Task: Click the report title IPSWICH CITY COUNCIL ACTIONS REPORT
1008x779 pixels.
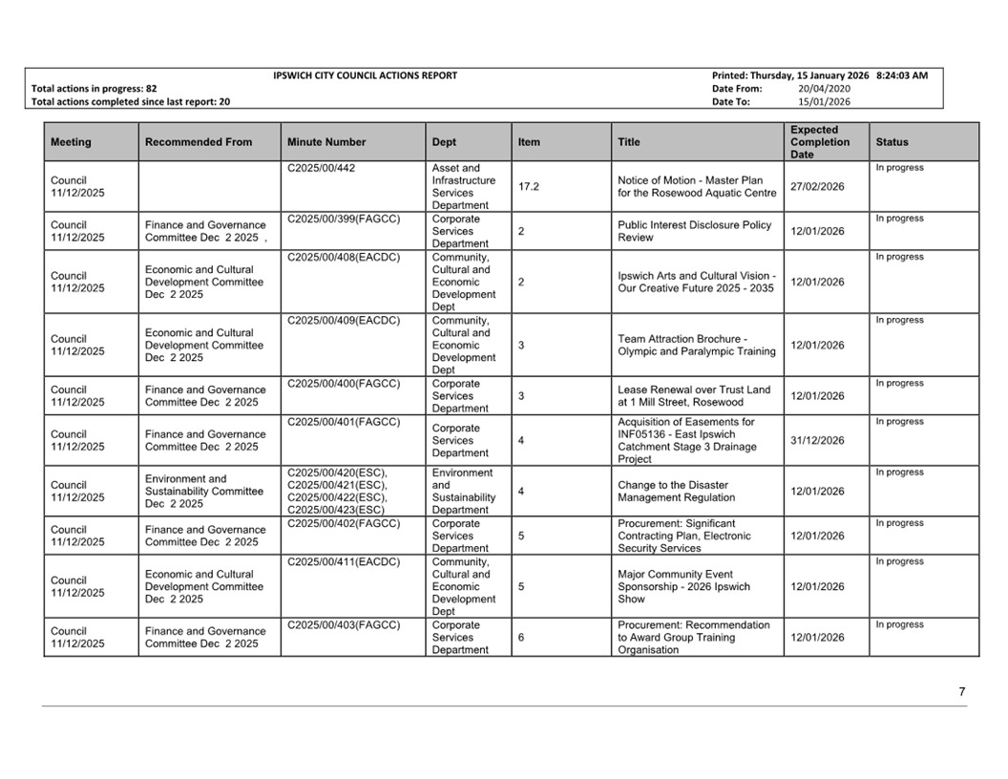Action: tap(365, 75)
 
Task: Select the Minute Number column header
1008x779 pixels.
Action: tap(325, 142)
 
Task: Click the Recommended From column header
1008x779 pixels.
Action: tap(199, 142)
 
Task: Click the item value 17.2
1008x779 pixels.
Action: tap(528, 187)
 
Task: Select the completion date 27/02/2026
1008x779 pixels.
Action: tap(817, 187)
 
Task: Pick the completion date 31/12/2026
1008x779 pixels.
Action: tap(817, 441)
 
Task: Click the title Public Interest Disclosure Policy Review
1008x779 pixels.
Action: tap(694, 231)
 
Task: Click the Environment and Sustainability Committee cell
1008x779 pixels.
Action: tap(203, 492)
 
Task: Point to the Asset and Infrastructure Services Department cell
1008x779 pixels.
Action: tap(463, 187)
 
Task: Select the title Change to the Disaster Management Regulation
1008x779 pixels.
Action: tap(676, 492)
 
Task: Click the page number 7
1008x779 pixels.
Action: tap(961, 692)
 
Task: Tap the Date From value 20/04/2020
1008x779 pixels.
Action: tap(824, 89)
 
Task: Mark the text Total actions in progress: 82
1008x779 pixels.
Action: tap(94, 89)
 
